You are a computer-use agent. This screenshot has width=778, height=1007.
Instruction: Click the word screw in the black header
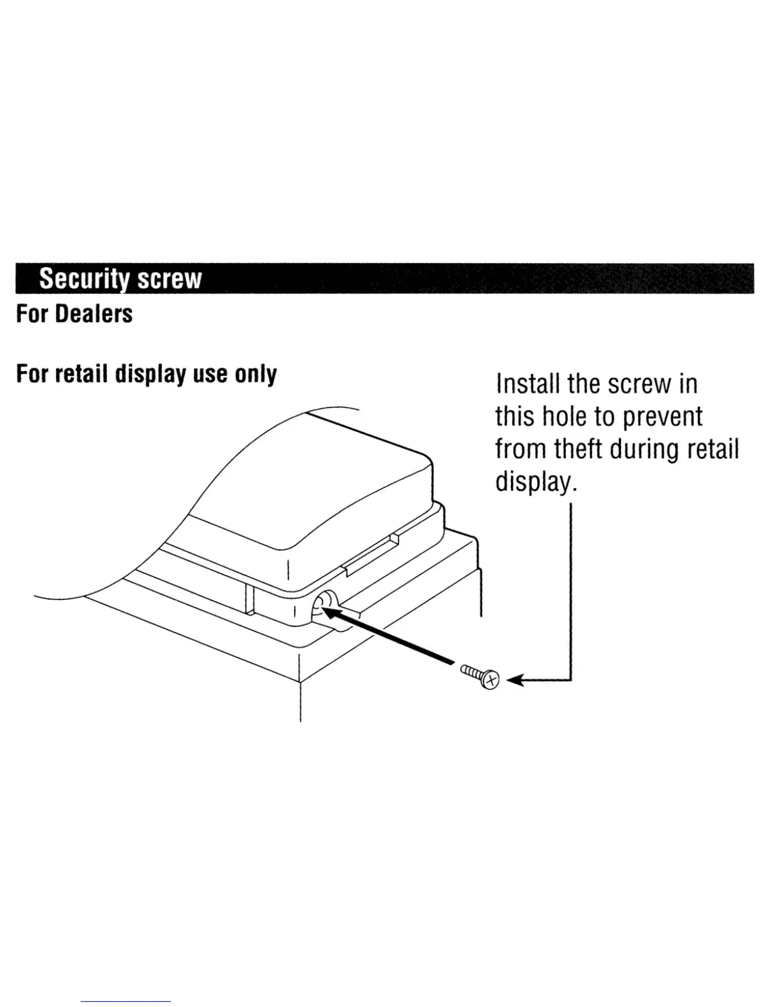tap(170, 278)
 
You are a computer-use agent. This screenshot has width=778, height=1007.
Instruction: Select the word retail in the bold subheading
tap(82, 374)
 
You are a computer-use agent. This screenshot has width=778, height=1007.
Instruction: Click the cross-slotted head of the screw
tap(491, 680)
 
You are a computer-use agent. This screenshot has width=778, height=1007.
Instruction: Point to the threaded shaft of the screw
tap(472, 672)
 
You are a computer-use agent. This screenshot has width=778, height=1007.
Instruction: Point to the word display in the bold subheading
tap(150, 374)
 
